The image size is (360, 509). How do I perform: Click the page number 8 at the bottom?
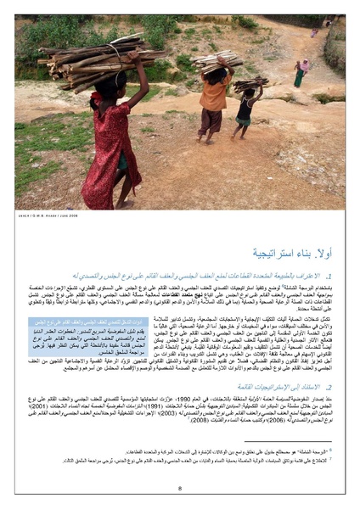point(180,488)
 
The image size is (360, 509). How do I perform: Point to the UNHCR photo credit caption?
point(42,214)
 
